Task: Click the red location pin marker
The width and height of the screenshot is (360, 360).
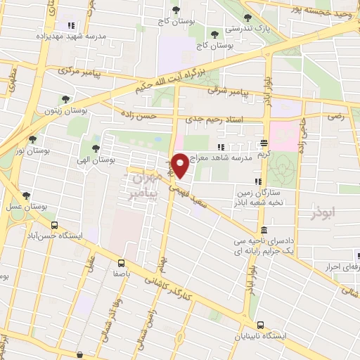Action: [181, 165]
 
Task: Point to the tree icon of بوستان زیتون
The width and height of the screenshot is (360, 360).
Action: [65, 100]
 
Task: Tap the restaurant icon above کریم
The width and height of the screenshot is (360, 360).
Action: [264, 141]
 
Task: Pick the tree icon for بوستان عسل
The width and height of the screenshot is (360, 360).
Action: [27, 195]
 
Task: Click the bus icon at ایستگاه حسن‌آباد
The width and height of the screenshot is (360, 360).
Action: [53, 225]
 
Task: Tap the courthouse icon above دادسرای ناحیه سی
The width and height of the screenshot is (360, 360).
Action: [264, 231]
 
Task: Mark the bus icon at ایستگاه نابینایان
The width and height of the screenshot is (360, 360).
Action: [261, 325]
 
